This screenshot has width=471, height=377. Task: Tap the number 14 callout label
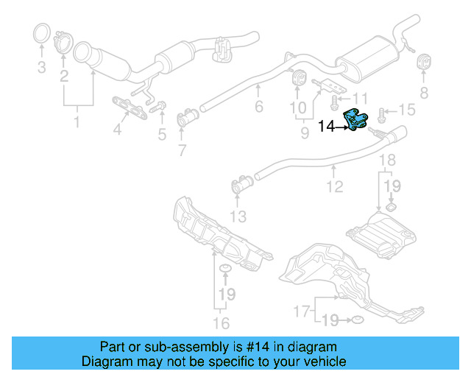[329, 127]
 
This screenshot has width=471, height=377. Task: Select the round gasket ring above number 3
[43, 35]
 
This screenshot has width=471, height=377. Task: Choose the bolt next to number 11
[336, 98]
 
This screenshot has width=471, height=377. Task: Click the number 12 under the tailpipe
[335, 187]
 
